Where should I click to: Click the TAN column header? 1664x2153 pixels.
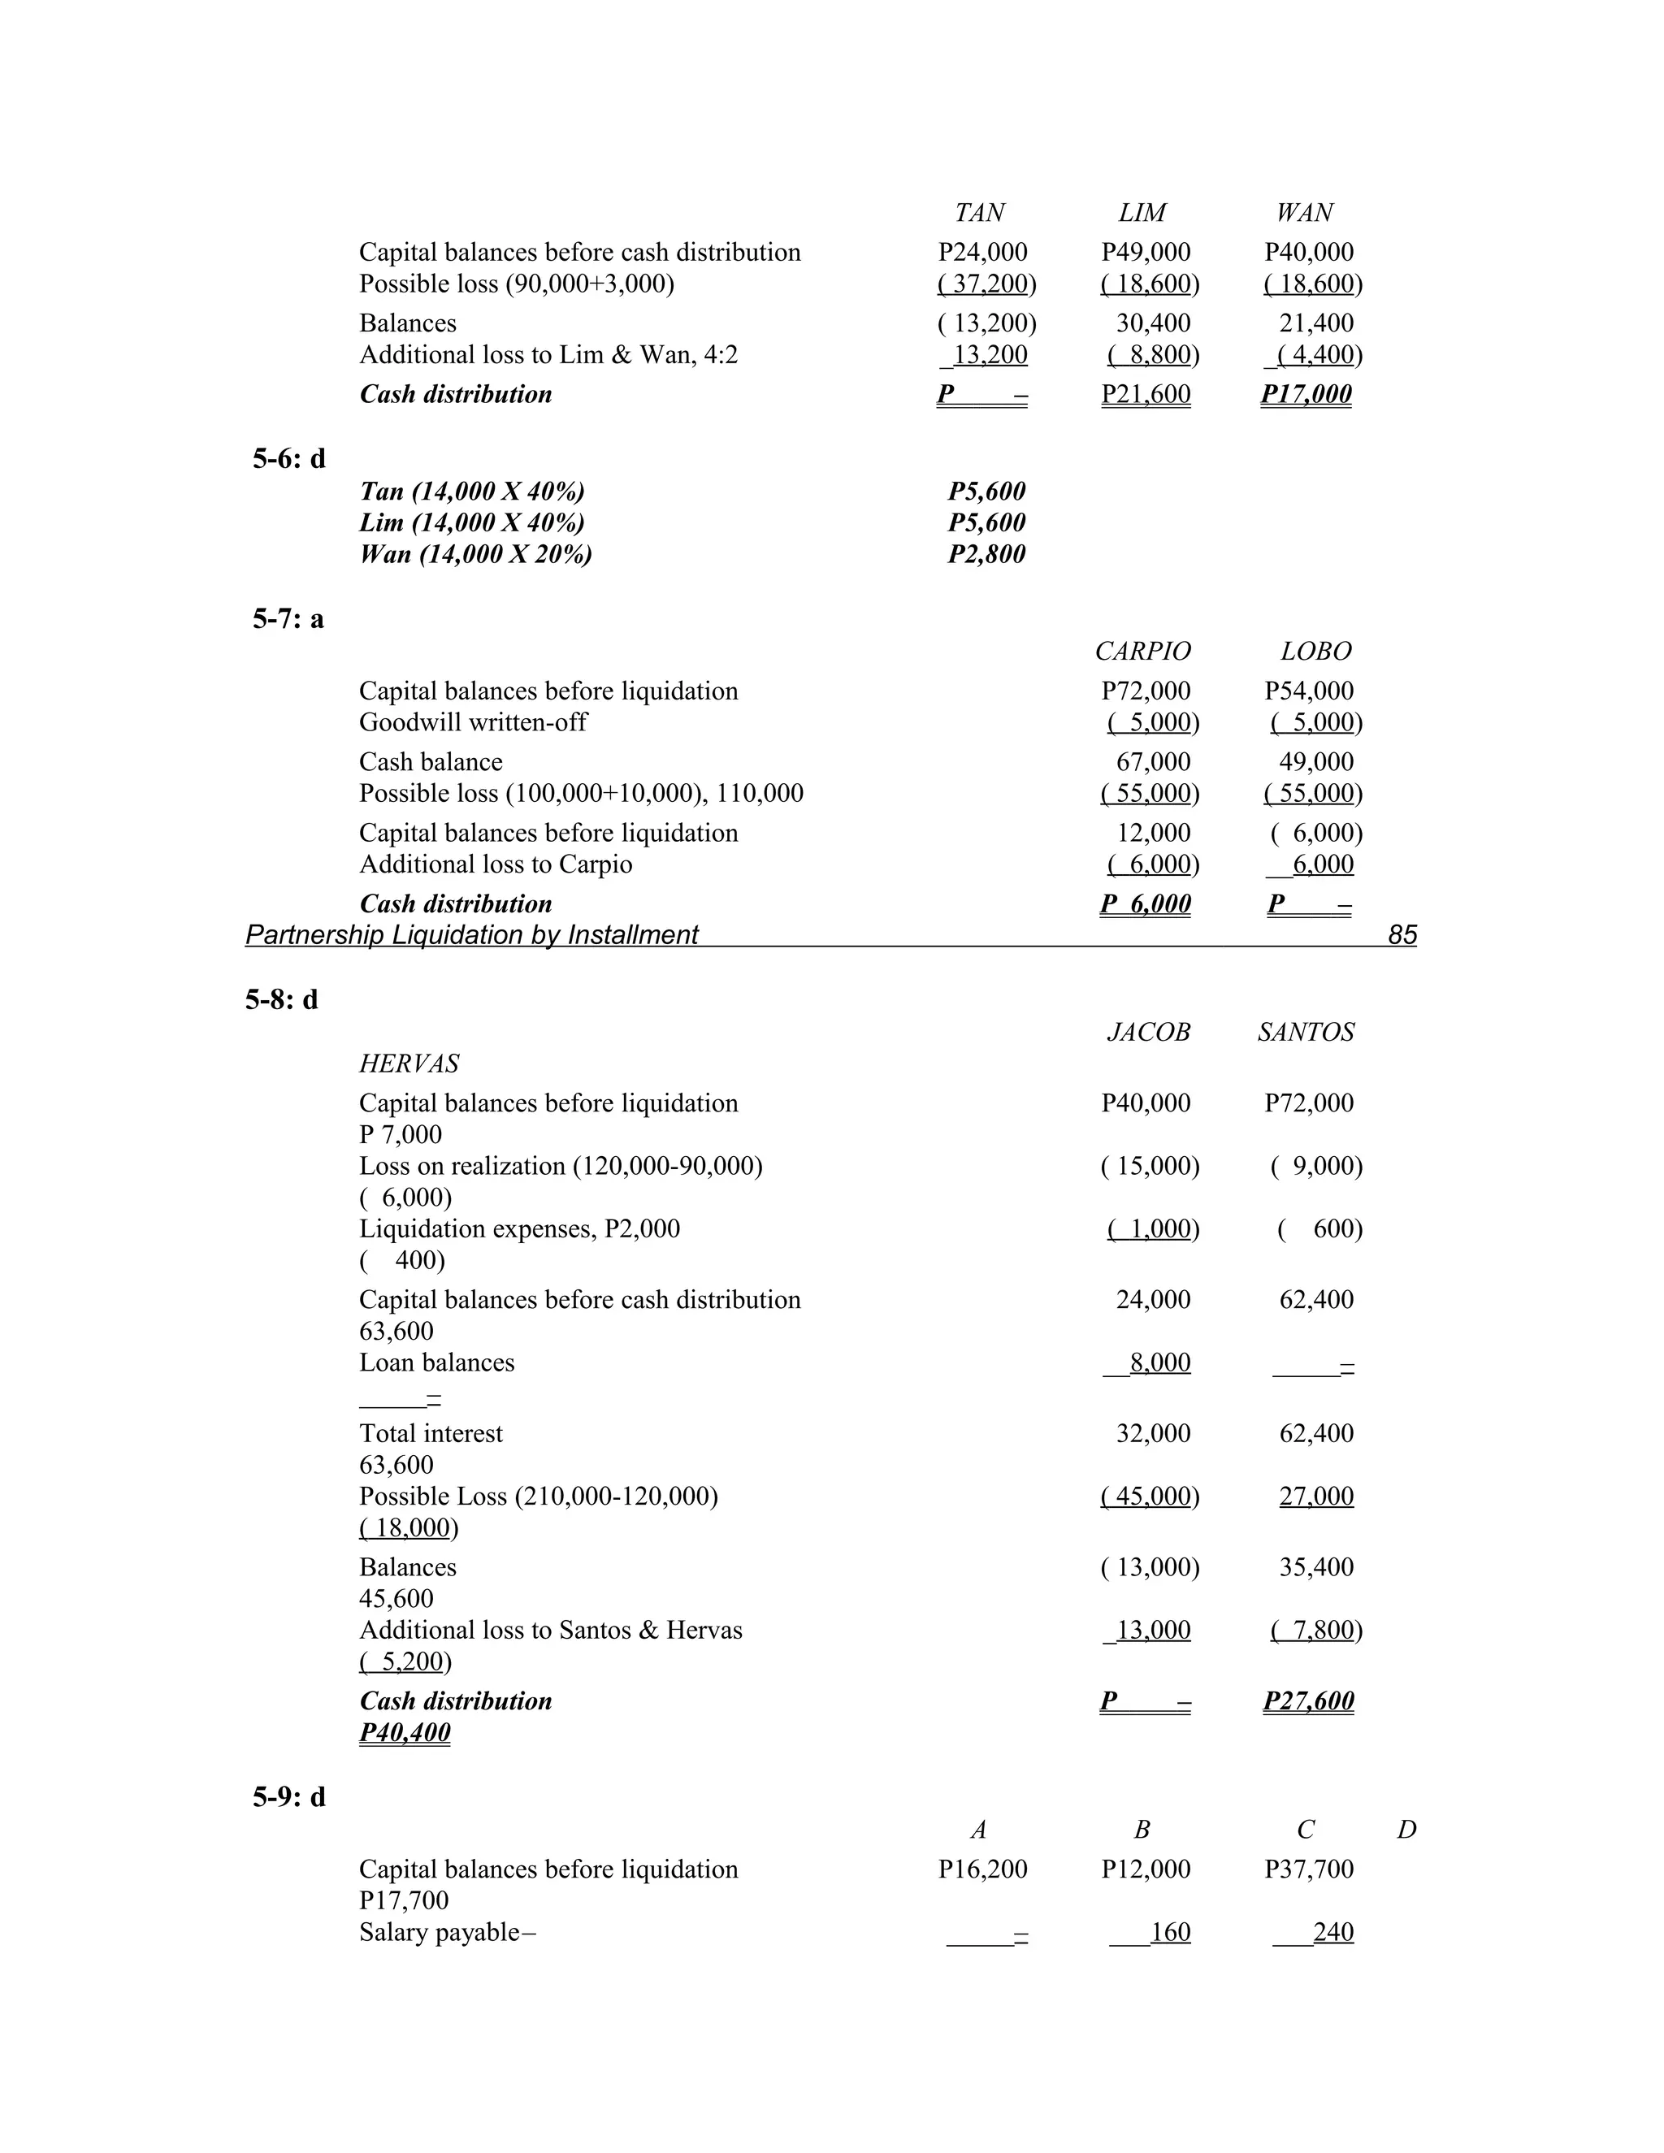(979, 213)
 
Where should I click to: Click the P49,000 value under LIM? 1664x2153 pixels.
(1146, 253)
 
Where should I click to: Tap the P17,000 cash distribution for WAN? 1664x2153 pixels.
(1306, 394)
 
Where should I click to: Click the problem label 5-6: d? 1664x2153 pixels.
(288, 458)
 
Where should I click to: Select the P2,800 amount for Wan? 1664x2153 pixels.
(986, 554)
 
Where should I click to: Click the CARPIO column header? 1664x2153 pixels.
(1142, 652)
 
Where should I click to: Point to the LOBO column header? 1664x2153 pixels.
(1315, 652)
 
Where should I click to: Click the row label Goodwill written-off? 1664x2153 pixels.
(472, 722)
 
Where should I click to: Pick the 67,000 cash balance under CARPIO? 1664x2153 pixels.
(1152, 762)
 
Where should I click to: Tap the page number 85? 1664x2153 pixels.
(1401, 934)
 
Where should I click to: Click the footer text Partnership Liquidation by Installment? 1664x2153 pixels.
(471, 934)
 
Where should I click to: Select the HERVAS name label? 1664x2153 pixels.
(409, 1064)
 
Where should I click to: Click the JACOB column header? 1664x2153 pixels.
(1147, 1032)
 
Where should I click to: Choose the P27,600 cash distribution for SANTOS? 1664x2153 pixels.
(1308, 1701)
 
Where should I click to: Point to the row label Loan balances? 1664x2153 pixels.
(436, 1362)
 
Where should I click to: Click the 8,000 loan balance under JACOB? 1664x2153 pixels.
(1159, 1362)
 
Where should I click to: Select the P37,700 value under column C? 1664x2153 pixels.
(1308, 1869)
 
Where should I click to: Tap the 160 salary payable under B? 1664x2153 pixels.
(1169, 1932)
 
